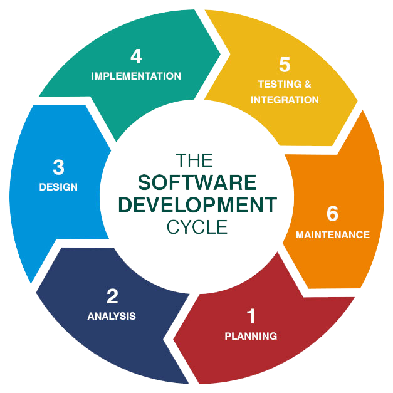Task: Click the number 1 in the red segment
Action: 251,316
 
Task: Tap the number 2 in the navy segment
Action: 112,296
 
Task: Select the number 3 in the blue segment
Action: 58,167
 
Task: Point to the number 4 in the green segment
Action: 136,56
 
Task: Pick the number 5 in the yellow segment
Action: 285,65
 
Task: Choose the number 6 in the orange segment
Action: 332,214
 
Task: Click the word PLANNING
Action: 251,336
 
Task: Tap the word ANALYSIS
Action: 112,316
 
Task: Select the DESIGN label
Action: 58,187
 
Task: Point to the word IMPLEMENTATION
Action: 136,76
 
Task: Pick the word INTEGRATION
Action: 285,100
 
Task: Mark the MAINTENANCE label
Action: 332,235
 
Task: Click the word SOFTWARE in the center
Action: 197,182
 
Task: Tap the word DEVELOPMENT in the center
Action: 197,204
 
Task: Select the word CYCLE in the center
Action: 197,226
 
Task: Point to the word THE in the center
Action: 197,160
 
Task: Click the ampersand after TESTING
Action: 307,84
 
